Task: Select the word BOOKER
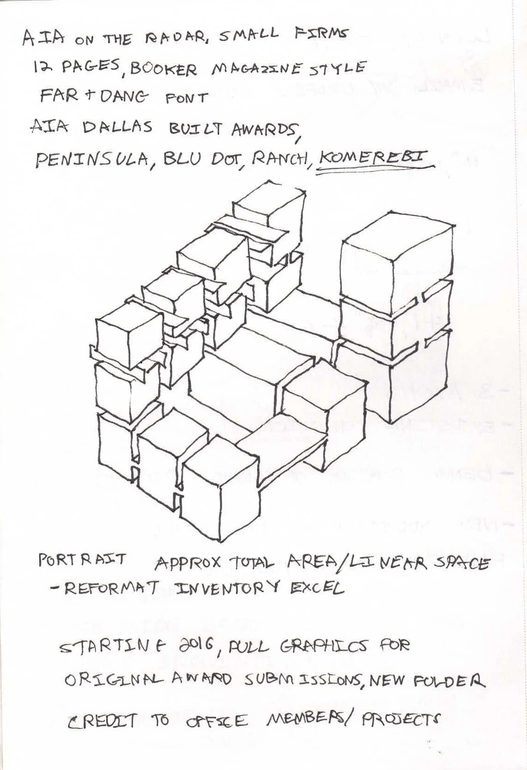click(x=163, y=70)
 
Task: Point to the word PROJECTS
click(x=399, y=719)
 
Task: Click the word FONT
click(x=186, y=98)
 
